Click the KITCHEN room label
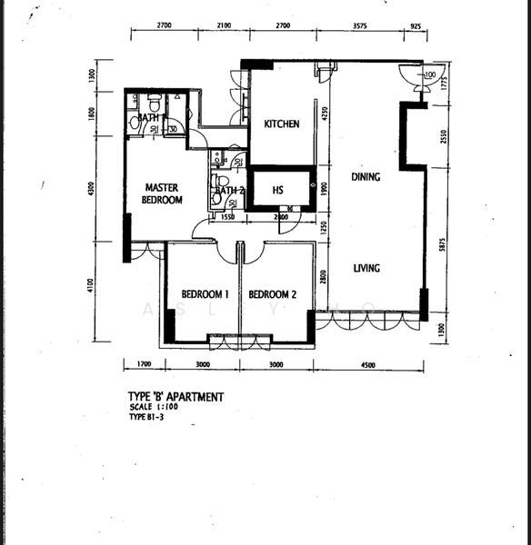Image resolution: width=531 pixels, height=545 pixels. pos(281,124)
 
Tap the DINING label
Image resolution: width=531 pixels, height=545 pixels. pos(366,177)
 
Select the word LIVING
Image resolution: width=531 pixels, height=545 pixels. pos(366,268)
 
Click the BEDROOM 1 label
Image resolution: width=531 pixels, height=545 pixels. pos(203,294)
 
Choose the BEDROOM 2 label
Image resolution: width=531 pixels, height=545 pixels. pos(273,294)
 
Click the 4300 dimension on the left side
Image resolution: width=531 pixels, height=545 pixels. pos(91,189)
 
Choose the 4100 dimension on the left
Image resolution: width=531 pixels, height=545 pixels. pos(91,290)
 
